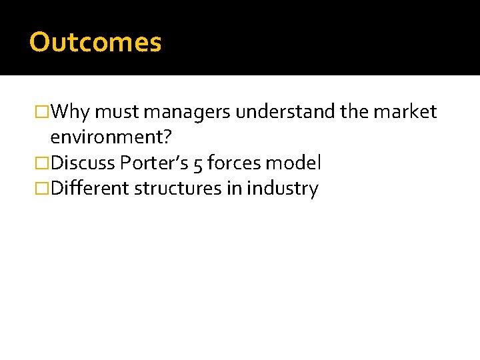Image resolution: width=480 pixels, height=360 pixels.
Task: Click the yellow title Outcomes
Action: pyautogui.click(x=95, y=43)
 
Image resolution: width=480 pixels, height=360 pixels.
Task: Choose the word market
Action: pyautogui.click(x=405, y=112)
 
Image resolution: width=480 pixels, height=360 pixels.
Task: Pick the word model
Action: pyautogui.click(x=294, y=163)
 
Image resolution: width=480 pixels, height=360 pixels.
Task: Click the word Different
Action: pyautogui.click(x=90, y=189)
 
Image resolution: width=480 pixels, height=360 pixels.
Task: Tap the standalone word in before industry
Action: pyautogui.click(x=234, y=189)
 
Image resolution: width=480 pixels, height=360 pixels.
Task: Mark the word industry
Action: pyautogui.click(x=283, y=189)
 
